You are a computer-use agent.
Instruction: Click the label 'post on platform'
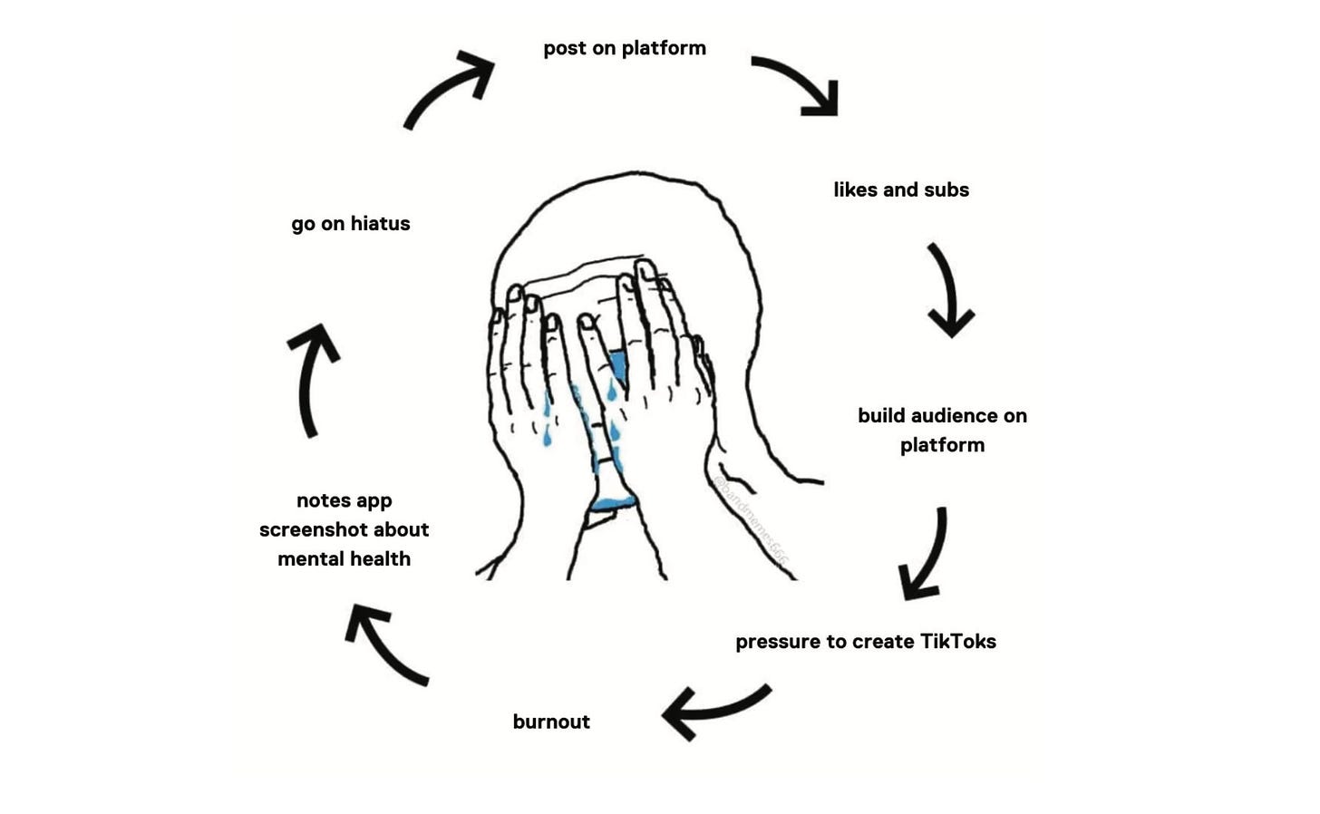(625, 48)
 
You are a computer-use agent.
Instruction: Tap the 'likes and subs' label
(901, 190)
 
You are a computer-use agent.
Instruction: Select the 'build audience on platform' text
(942, 430)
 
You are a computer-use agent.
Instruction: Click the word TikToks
(958, 642)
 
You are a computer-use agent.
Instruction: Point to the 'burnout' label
(551, 722)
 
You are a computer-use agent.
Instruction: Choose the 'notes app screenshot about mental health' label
(345, 529)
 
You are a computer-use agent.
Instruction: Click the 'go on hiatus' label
(351, 224)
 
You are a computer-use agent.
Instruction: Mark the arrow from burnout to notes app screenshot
(383, 644)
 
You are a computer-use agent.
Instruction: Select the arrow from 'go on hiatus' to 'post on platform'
(449, 89)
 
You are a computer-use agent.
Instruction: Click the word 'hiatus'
(380, 224)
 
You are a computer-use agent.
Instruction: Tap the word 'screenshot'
(318, 529)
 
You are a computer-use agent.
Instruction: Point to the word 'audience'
(942, 416)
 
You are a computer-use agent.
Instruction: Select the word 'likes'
(856, 190)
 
